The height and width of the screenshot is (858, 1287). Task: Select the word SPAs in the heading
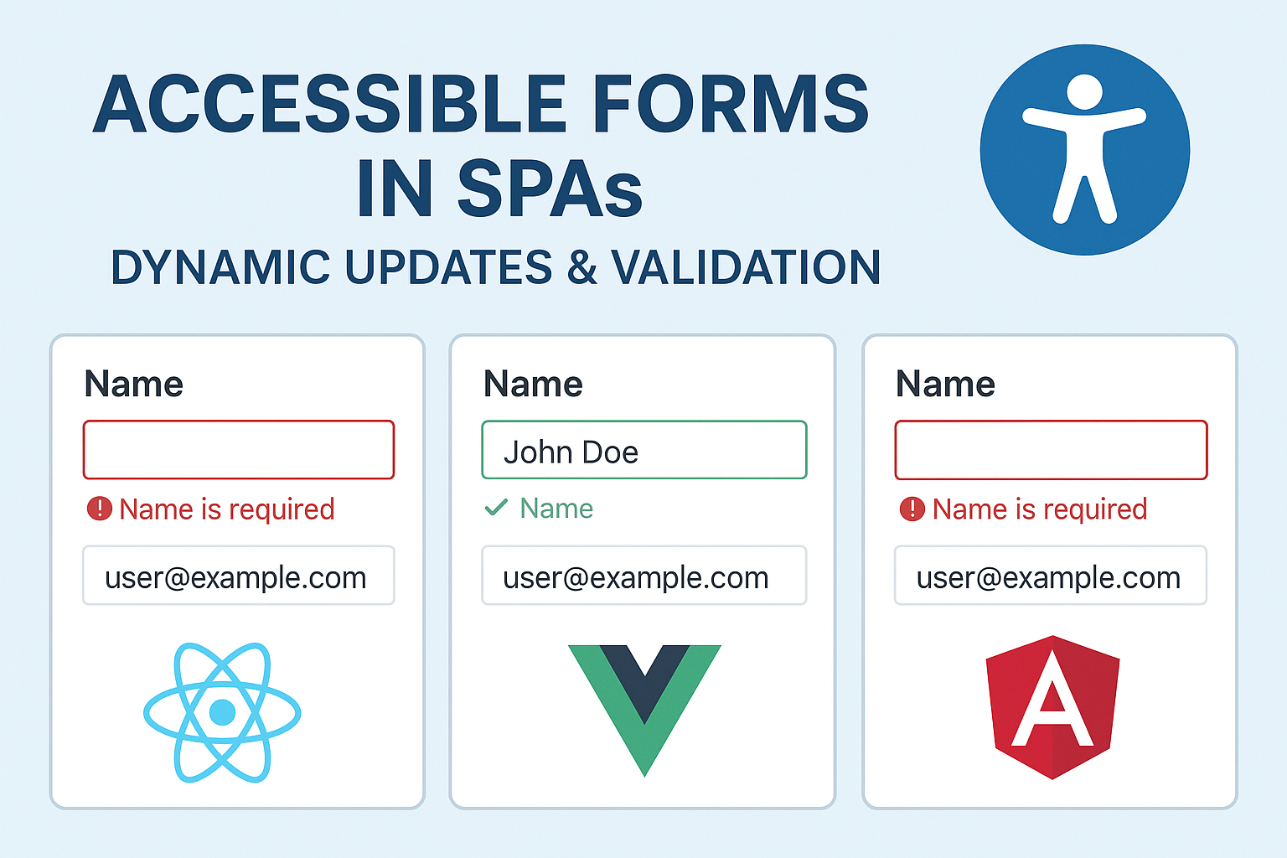point(550,189)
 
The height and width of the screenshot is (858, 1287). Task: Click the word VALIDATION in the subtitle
point(746,268)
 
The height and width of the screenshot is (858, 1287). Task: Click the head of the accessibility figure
point(1085,91)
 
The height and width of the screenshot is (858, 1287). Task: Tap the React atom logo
point(222,713)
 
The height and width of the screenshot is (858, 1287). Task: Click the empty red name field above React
point(239,450)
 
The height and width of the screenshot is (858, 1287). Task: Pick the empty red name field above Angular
point(1051,450)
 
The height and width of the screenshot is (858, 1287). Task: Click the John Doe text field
point(643,451)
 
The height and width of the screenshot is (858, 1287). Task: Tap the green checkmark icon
point(496,507)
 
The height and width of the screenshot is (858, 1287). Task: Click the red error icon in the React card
point(100,509)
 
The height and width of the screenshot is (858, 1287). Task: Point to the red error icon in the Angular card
point(912,509)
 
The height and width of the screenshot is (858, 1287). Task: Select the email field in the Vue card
point(643,576)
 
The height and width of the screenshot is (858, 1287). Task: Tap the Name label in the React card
point(134,385)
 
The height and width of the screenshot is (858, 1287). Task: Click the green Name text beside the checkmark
point(556,509)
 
